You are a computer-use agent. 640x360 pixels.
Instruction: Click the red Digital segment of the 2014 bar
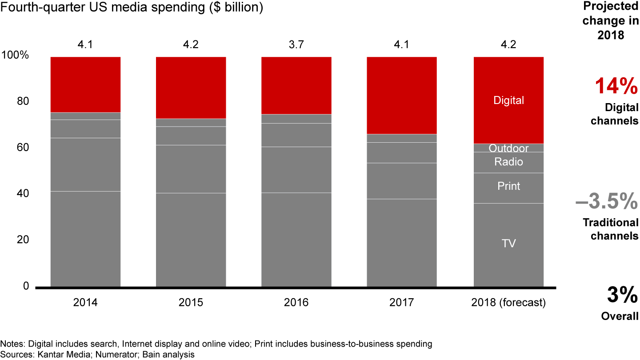tap(85, 84)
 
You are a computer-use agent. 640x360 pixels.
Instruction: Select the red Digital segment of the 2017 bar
tap(401, 95)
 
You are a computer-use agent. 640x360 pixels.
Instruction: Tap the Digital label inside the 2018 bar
tap(508, 100)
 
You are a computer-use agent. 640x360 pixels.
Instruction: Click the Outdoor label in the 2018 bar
tap(508, 148)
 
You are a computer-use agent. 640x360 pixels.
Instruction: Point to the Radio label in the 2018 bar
tap(508, 162)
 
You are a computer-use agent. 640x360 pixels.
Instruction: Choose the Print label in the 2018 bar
tap(508, 186)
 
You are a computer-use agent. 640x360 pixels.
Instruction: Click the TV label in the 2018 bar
tap(508, 243)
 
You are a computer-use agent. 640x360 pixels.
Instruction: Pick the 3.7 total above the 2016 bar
tap(296, 45)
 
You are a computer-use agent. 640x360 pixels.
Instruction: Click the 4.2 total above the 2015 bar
tap(191, 45)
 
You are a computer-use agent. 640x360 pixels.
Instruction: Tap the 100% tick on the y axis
tap(16, 56)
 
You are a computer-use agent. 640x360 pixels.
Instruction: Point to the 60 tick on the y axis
tap(23, 148)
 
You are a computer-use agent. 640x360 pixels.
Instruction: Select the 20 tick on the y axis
tap(23, 240)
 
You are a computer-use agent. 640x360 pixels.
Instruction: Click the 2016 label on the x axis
tap(296, 303)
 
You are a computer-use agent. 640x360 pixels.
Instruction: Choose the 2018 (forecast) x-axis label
tap(508, 303)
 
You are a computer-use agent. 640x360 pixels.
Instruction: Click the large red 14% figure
tap(616, 86)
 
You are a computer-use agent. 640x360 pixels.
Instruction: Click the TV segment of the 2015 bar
tap(191, 240)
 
